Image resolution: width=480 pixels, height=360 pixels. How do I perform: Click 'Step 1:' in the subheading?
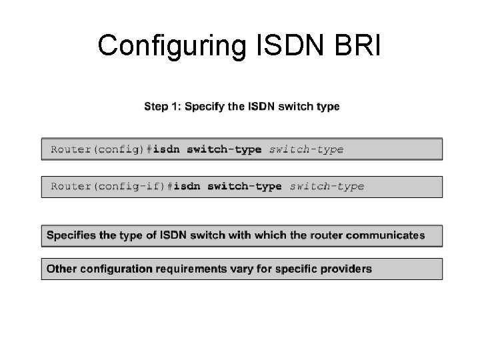click(163, 107)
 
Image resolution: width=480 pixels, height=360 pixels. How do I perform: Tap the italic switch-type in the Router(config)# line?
click(306, 149)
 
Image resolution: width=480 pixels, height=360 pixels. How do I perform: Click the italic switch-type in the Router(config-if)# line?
click(327, 187)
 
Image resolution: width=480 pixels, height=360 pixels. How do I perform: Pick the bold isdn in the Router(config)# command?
click(167, 149)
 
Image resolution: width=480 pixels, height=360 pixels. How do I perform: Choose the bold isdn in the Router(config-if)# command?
click(187, 187)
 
